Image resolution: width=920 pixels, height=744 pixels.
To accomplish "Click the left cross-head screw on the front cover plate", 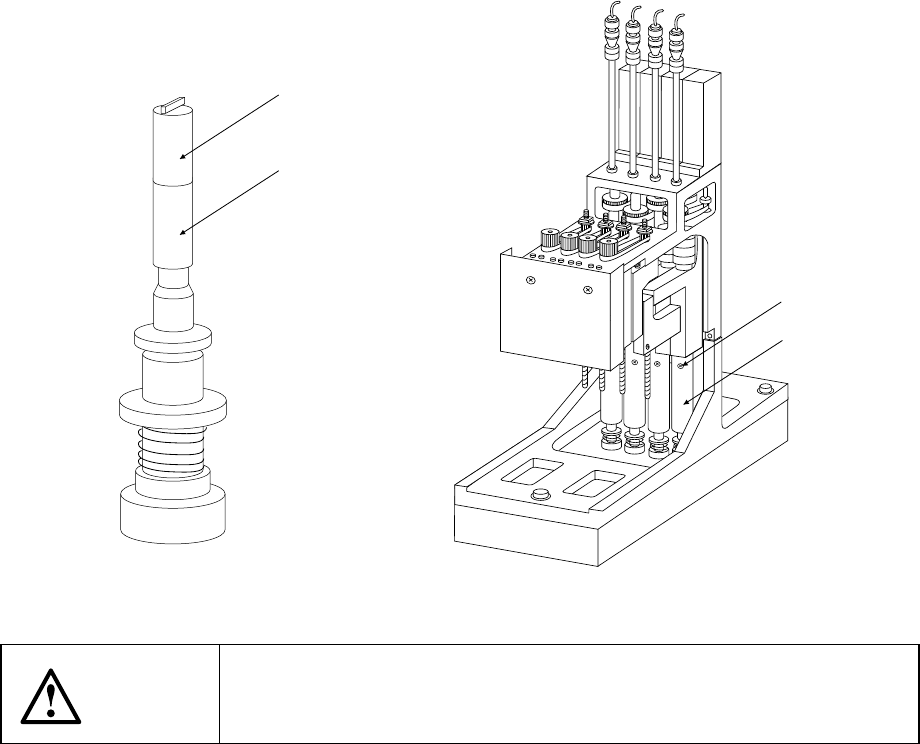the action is (530, 283).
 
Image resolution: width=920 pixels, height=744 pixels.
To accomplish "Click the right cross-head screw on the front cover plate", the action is (588, 292).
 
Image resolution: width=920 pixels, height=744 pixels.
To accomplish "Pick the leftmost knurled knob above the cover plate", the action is (547, 239).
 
